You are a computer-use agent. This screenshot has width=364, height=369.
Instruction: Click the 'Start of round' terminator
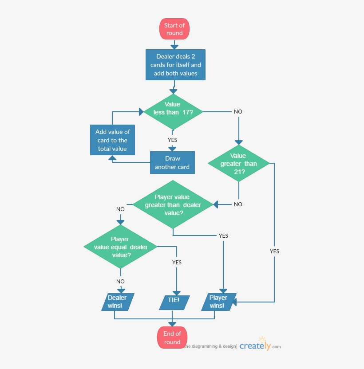point(174,29)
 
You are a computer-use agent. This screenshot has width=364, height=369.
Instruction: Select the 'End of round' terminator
point(172,338)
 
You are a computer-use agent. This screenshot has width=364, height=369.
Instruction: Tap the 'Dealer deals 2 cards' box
point(175,65)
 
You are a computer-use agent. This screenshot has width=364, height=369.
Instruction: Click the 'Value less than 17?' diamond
point(173,112)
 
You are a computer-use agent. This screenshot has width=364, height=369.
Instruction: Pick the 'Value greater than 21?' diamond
point(238,164)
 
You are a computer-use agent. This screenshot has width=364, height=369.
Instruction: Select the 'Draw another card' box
point(172,163)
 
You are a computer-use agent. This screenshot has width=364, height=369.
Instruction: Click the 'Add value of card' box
point(112,140)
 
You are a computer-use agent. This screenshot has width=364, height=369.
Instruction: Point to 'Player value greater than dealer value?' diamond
point(173,204)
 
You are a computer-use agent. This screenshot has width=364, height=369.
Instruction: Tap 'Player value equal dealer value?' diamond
point(121,247)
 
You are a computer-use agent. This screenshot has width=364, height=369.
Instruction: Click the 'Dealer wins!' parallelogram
point(117,302)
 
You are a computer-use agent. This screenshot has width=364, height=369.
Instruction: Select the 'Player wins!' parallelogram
point(218,302)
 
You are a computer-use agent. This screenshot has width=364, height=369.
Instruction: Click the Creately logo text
point(255,346)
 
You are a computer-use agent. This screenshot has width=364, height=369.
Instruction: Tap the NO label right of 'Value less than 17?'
point(238,112)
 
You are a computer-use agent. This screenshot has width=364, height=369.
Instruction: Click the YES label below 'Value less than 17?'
point(172,140)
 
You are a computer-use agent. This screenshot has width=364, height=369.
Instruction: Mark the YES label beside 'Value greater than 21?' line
point(274,251)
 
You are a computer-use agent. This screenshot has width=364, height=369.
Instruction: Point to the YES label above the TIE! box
point(177,262)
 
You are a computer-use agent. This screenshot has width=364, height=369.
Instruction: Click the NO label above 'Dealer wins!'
point(120,281)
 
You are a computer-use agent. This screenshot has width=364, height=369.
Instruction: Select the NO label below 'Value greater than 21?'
point(238,204)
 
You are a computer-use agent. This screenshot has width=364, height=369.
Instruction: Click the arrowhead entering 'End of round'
point(172,324)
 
